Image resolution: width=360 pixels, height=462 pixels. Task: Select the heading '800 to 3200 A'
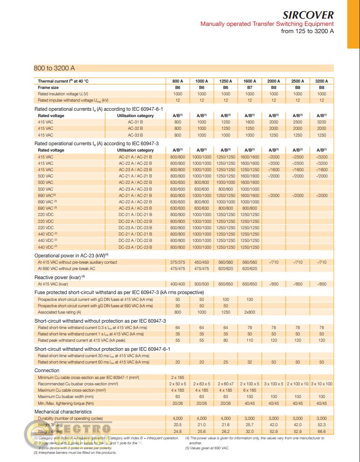[x=54, y=68]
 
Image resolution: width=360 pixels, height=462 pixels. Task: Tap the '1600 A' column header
[x=250, y=81]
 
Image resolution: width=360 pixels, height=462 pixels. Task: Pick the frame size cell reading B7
[x=250, y=87]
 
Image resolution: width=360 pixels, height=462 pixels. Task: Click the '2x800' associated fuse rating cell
[x=250, y=312]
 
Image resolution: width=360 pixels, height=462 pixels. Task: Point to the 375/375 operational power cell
[x=178, y=262]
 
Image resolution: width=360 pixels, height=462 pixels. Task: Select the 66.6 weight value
[x=321, y=431]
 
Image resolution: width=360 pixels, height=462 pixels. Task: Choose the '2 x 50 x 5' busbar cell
[x=178, y=384]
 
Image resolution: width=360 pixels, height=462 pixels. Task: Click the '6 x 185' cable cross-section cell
[x=250, y=390]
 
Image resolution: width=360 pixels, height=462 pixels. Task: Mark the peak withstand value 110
[x=250, y=340]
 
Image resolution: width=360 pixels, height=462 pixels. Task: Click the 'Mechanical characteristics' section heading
[x=63, y=412]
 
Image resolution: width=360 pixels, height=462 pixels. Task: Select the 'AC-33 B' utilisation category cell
[x=135, y=135]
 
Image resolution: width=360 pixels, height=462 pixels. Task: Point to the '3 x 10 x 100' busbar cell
[x=321, y=384]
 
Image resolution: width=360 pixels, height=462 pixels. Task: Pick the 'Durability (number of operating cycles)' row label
[x=70, y=418]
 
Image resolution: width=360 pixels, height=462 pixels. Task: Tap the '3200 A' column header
[x=321, y=81]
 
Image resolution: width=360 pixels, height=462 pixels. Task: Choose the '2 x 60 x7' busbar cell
[x=226, y=384]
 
